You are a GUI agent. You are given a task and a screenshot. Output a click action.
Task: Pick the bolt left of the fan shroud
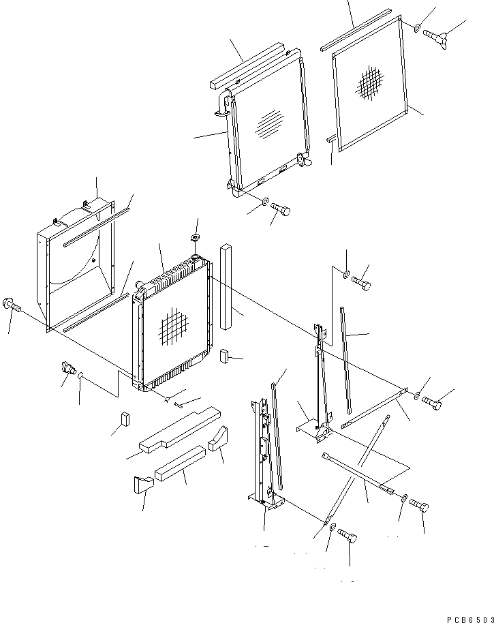point(12,305)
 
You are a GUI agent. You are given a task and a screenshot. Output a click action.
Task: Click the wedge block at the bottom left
point(140,485)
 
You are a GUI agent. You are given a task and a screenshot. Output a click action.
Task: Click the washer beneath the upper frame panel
point(263,202)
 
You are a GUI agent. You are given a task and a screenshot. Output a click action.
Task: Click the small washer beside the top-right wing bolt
point(416,27)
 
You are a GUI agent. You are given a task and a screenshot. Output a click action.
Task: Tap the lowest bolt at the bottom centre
point(348,538)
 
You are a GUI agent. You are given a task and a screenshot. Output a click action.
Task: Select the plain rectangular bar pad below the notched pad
point(180,464)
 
